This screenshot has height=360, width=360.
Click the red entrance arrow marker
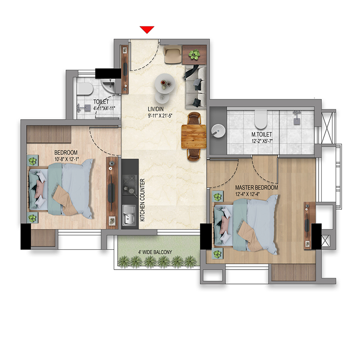tap(147, 29)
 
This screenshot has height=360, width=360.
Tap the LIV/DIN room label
tap(156, 109)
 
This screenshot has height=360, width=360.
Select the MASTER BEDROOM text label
tap(256, 188)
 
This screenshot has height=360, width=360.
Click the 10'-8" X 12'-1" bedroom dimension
tap(67, 159)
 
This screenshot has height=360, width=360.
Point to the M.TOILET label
tap(262, 134)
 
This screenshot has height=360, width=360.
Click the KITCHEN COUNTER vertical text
tap(142, 200)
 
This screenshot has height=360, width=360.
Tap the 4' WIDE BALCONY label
tap(155, 252)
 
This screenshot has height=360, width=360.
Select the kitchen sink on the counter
tap(129, 215)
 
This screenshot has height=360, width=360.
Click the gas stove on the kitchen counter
tap(130, 185)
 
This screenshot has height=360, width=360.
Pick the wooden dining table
tap(194, 137)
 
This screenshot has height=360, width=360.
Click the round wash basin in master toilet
tap(218, 131)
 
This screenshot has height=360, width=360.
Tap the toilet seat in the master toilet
tap(261, 119)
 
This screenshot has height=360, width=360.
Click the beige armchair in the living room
tap(173, 54)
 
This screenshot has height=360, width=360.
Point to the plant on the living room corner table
tap(194, 54)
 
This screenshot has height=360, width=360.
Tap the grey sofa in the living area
tap(196, 87)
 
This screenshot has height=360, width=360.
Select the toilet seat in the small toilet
tap(85, 89)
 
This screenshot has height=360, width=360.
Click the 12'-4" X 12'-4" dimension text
tap(247, 194)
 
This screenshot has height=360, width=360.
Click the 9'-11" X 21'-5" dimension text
tap(160, 116)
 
